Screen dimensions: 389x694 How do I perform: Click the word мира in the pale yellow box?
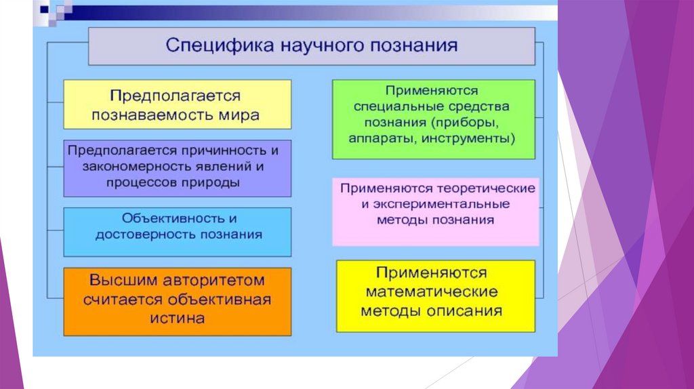click(242, 115)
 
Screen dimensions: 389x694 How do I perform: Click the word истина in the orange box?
click(178, 319)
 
